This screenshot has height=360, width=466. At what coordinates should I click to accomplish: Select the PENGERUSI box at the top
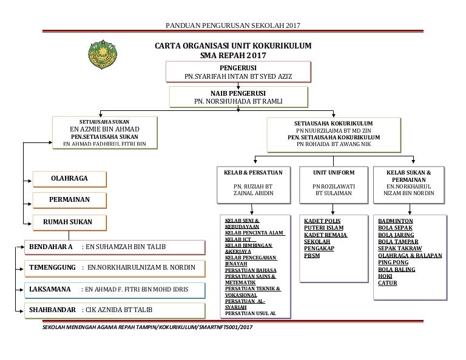238,71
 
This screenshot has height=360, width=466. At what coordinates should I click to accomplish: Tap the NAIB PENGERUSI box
238,96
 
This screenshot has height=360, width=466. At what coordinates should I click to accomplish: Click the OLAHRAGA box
69,178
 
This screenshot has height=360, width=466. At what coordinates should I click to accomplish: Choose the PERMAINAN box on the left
69,199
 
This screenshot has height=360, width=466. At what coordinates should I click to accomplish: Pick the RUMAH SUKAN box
69,222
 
